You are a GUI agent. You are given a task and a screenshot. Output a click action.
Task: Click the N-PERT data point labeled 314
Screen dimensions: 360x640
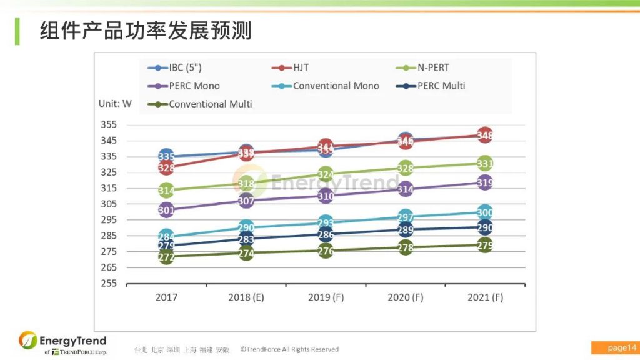tap(166, 190)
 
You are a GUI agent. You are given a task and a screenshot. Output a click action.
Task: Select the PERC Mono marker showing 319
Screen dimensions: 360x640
tap(485, 182)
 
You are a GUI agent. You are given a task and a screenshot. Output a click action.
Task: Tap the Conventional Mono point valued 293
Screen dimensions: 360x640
tap(326, 223)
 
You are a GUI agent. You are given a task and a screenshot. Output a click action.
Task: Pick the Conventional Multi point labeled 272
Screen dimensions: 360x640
tap(166, 256)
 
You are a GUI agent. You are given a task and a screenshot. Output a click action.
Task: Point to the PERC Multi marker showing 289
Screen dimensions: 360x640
tap(406, 230)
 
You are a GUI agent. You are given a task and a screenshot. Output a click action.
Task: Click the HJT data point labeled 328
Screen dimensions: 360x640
tap(166, 167)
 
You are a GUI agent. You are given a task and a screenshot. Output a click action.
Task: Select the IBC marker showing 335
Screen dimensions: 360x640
tap(166, 156)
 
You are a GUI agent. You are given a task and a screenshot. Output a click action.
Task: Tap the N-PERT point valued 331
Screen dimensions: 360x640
tap(485, 164)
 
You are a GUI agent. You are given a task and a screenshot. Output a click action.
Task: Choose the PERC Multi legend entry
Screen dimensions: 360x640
tap(432, 86)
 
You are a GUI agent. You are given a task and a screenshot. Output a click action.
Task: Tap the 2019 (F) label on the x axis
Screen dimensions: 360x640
tap(326, 297)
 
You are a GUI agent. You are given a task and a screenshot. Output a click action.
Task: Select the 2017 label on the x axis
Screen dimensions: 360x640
tap(166, 297)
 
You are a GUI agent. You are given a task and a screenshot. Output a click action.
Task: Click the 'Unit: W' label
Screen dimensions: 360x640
tap(115, 104)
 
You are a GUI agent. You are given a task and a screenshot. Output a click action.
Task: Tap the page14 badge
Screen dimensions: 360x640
tap(614, 347)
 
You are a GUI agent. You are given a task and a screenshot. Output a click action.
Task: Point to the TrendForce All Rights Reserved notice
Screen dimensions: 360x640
tap(289, 349)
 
